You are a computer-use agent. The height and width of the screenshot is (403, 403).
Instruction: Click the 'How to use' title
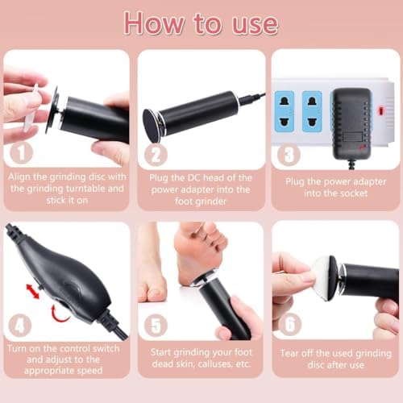201,23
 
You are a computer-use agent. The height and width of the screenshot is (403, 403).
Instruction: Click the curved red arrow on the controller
56,310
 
